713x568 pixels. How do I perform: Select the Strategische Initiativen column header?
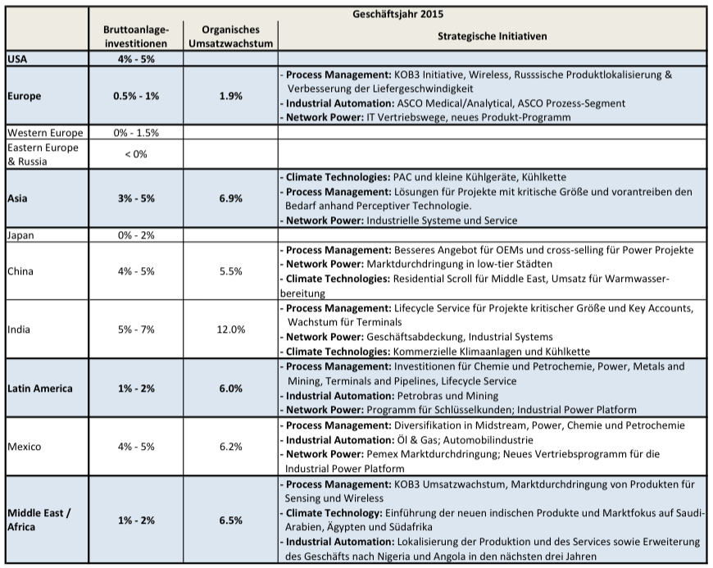click(492, 36)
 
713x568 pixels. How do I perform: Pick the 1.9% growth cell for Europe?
click(230, 96)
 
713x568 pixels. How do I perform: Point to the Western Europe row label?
click(44, 133)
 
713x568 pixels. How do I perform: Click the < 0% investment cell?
click(136, 154)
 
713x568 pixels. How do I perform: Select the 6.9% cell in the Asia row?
click(230, 199)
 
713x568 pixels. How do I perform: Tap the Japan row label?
click(21, 235)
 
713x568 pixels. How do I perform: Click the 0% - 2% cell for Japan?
click(136, 235)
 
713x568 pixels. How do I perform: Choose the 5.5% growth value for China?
click(230, 270)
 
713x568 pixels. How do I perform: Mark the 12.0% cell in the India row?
click(230, 329)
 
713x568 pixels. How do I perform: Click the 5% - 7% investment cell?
click(136, 329)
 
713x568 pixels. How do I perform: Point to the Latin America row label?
click(40, 388)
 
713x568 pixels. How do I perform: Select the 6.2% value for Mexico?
click(230, 447)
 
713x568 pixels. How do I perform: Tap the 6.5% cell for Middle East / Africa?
click(230, 520)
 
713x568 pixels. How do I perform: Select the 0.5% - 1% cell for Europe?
click(136, 96)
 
